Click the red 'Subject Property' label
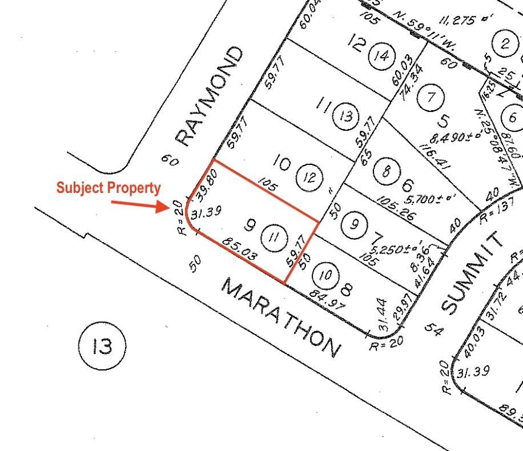[108, 188]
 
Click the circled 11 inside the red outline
[273, 237]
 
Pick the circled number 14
[381, 55]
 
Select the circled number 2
[505, 44]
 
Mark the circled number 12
[309, 178]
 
